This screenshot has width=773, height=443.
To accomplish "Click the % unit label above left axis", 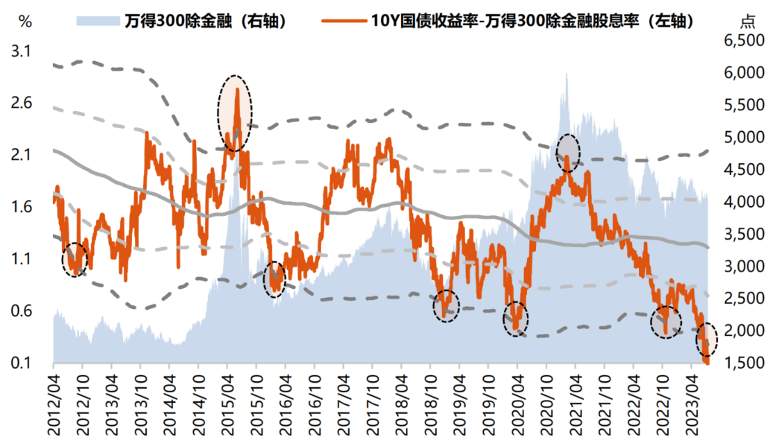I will tap(24, 21).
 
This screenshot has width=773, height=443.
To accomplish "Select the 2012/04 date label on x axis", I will tap(54, 402).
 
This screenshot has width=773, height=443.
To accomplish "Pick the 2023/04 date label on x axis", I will tap(690, 402).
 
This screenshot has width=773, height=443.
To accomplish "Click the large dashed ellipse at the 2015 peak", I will tap(235, 113).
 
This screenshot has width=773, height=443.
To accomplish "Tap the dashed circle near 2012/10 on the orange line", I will tap(75, 260).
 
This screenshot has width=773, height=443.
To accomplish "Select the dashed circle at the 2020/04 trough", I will tap(515, 319).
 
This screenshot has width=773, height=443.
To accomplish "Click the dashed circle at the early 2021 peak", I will tap(568, 153).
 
